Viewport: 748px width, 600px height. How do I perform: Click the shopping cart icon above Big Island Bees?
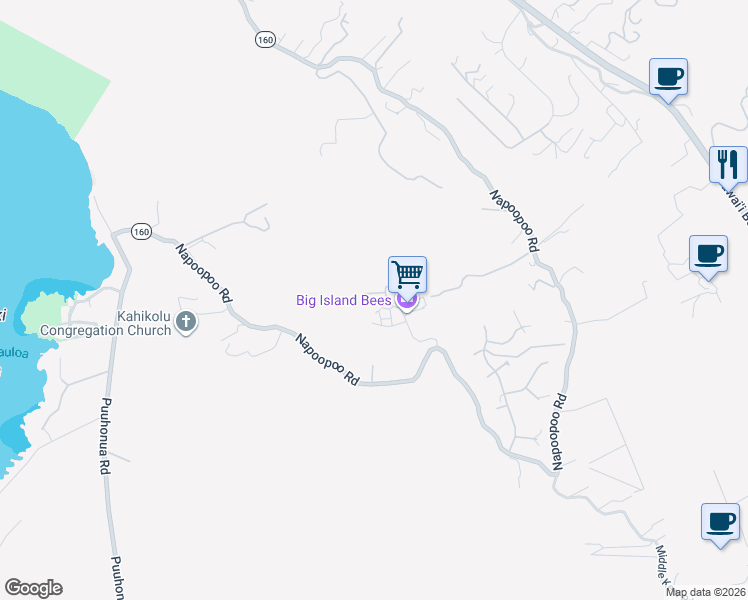[407, 273]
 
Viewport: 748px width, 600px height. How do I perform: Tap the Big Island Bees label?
[343, 300]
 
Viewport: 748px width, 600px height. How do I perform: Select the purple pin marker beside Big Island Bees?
[406, 300]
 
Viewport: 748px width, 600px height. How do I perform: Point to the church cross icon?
[185, 322]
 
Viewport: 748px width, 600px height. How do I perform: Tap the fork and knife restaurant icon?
[728, 163]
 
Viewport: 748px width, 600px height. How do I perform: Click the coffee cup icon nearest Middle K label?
[720, 521]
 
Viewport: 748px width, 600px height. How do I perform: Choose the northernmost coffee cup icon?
[668, 75]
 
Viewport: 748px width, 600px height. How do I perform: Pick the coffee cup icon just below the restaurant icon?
[708, 253]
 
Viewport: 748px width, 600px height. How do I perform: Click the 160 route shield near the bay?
[140, 232]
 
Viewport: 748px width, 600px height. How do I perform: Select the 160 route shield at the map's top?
[264, 39]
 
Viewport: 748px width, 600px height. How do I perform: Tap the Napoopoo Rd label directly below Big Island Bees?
[327, 360]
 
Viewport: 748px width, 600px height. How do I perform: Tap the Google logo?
[33, 588]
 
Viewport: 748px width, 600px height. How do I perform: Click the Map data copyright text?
[705, 592]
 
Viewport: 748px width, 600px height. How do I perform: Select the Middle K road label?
[664, 565]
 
